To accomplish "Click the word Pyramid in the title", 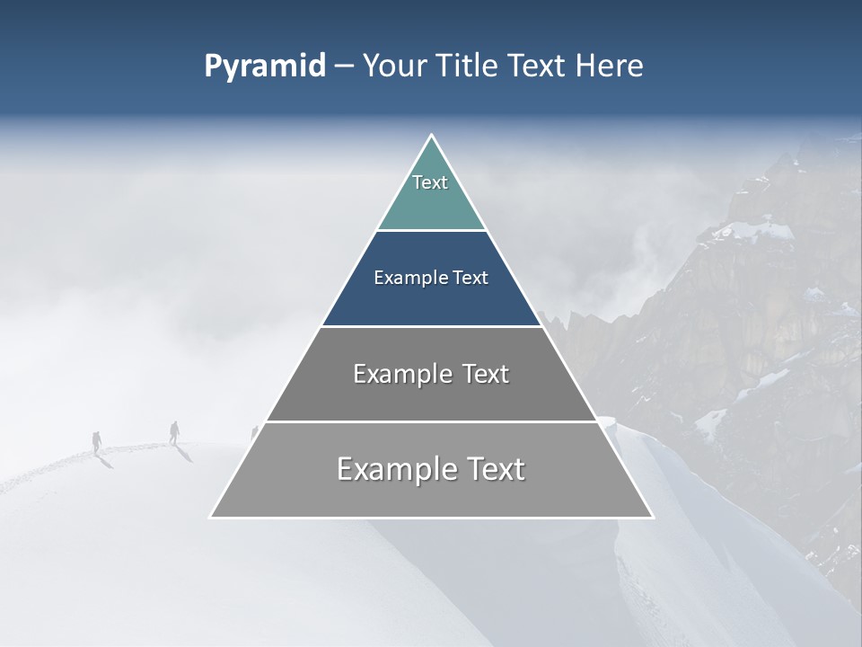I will [x=265, y=66].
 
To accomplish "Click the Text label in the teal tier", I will [x=430, y=182].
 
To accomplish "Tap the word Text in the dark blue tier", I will [x=471, y=279].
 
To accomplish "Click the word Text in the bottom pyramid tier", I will [x=495, y=470].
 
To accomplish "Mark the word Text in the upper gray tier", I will [x=486, y=374].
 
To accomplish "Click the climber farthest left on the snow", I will [x=97, y=441].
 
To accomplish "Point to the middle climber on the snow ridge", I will [x=174, y=432].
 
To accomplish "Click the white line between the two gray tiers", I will [x=431, y=421].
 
